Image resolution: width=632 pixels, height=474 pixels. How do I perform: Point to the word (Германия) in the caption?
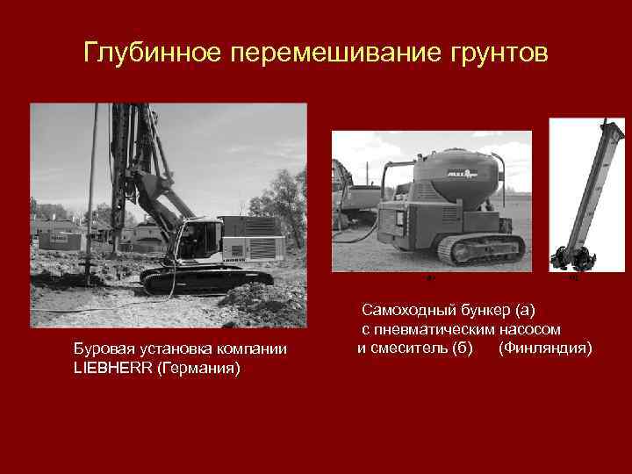pos(197,367)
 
